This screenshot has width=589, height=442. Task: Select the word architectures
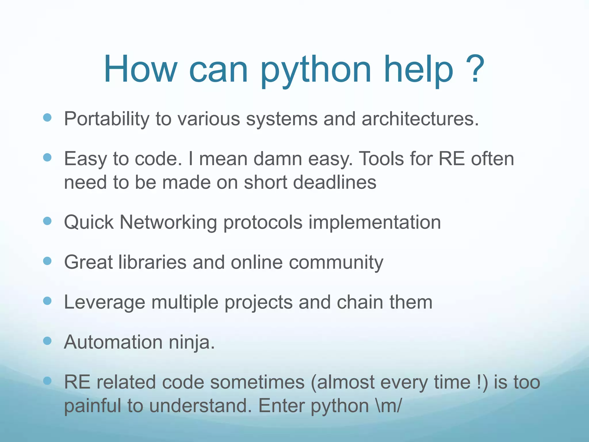pyautogui.click(x=420, y=119)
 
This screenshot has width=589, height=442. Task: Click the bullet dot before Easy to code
pyautogui.click(x=47, y=157)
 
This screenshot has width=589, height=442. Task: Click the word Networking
pyautogui.click(x=168, y=222)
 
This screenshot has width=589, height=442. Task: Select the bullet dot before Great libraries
pyautogui.click(x=47, y=261)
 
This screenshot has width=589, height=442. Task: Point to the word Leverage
pyautogui.click(x=104, y=303)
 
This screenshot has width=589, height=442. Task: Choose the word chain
pyautogui.click(x=359, y=302)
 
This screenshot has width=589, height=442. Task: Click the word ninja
pyautogui.click(x=191, y=342)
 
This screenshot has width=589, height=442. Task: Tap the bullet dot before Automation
pyautogui.click(x=47, y=341)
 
